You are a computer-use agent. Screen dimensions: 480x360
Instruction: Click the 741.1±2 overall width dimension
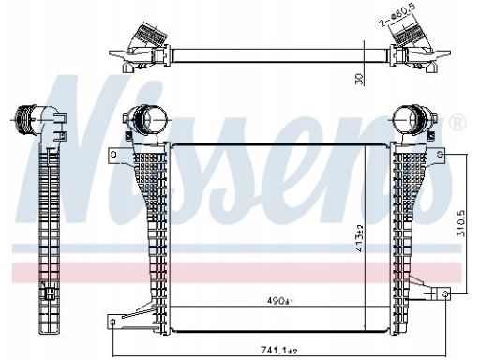[x=279, y=351]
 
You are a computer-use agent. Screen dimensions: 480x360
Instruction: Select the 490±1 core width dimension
[x=280, y=301]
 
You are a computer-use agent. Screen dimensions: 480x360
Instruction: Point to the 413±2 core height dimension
[x=359, y=238]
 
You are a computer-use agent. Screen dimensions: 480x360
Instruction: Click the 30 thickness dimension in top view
[x=360, y=79]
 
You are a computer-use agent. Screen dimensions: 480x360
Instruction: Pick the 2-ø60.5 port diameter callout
[x=396, y=15]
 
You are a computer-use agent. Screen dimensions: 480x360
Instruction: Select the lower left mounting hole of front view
[x=112, y=322]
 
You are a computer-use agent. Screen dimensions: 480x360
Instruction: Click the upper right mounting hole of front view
[x=440, y=154]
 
